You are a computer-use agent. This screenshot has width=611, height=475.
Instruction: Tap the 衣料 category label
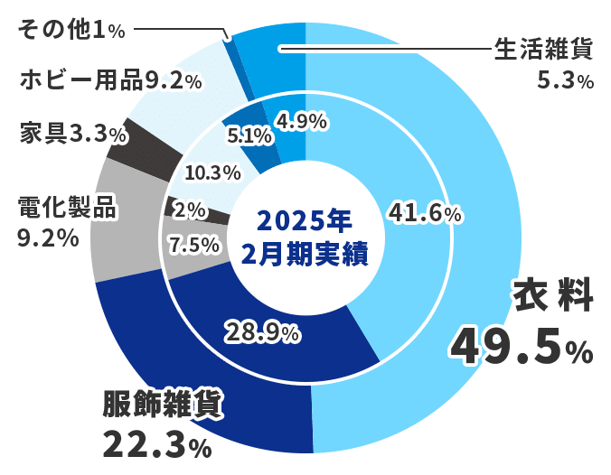point(552,297)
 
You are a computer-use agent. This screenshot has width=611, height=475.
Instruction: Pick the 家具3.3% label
point(73,135)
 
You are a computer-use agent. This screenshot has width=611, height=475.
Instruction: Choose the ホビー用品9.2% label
point(110,80)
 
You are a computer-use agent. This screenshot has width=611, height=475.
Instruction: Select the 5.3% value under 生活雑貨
point(565,81)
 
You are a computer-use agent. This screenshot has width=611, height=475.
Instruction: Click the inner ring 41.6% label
point(425,213)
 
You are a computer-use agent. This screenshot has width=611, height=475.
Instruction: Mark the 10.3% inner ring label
point(211,171)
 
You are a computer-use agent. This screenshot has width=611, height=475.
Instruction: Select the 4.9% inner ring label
point(301,121)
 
